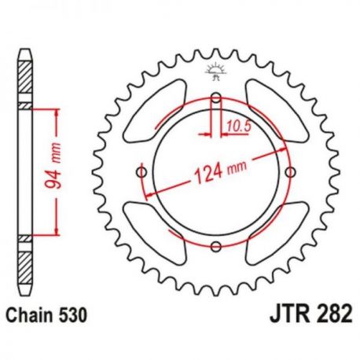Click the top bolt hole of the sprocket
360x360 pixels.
coord(216,98)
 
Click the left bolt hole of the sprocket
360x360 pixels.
coord(142,172)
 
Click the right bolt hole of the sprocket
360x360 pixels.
coord(290,172)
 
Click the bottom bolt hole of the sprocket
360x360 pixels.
coord(216,246)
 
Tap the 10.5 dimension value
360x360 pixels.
coord(239,127)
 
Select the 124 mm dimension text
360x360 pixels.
coord(220,171)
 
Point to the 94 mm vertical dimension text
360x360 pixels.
coord(53,166)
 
